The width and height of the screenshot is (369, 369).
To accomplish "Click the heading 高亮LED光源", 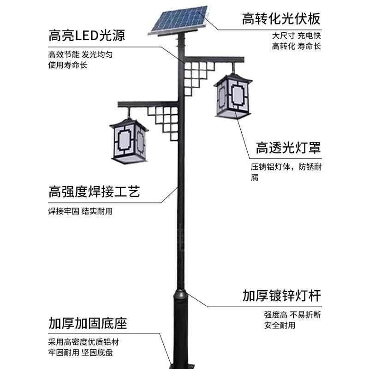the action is (87, 36).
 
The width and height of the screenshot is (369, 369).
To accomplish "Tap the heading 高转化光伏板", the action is (281, 19).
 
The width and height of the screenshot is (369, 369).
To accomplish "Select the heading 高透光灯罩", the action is (288, 148).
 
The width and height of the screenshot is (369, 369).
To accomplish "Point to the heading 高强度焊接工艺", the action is (94, 191).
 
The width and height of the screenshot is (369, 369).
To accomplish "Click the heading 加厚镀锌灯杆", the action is (281, 295).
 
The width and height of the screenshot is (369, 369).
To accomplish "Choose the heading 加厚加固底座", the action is (87, 323).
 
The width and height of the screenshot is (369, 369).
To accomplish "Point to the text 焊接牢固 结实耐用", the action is (80, 212).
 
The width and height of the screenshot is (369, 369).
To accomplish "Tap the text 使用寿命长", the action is (67, 65).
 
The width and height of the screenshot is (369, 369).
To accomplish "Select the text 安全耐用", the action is (280, 325).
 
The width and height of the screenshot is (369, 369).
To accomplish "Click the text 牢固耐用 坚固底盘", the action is (80, 353).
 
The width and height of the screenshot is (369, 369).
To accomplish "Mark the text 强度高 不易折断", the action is (292, 315).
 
